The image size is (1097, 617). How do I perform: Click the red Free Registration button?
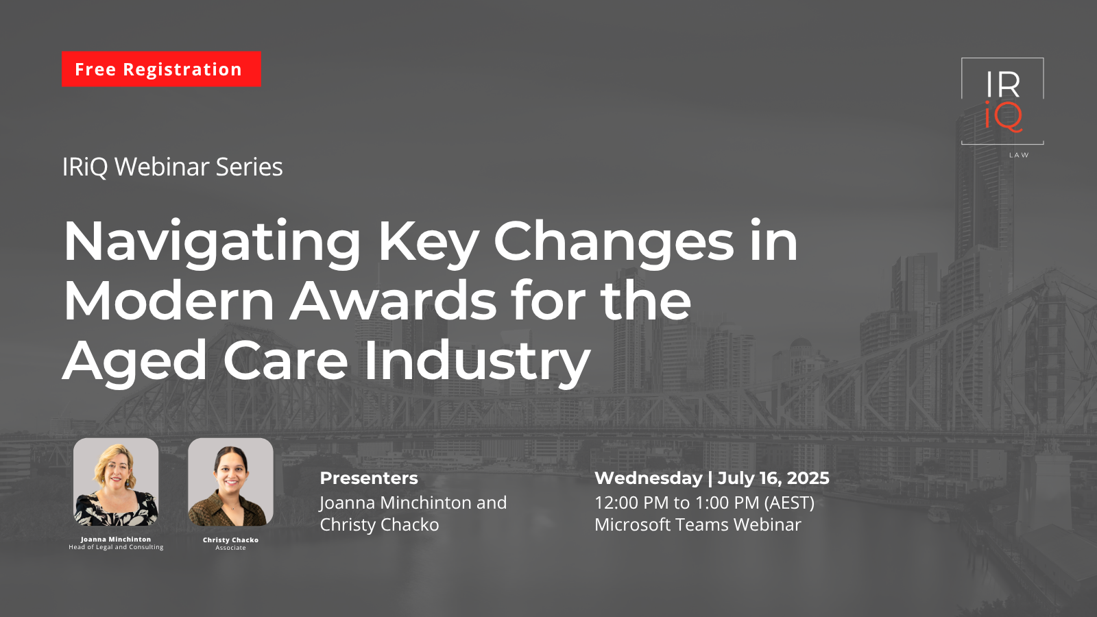tap(161, 69)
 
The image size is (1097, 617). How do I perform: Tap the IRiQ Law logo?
tap(1002, 103)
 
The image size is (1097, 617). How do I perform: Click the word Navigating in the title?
tap(212, 243)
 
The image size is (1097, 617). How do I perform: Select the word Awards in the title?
tap(394, 302)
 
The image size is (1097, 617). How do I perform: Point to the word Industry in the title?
tap(477, 362)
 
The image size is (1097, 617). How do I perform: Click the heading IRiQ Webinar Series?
tap(172, 167)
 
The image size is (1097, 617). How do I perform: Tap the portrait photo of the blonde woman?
tap(116, 482)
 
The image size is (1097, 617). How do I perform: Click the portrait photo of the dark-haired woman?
tap(230, 482)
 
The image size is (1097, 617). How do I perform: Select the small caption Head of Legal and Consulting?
tap(116, 547)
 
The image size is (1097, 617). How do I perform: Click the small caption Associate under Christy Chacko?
tap(230, 548)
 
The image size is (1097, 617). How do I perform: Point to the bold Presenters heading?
tap(369, 478)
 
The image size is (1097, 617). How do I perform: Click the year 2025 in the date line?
tap(808, 478)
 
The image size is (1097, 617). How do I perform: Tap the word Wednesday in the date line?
tap(648, 478)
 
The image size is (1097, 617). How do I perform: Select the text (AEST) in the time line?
tap(789, 503)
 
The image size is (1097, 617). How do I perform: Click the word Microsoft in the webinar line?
tap(632, 524)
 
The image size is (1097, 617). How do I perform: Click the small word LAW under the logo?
tap(1019, 155)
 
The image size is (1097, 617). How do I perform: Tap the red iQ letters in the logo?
tap(1003, 117)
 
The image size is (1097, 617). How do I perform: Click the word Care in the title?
tap(285, 361)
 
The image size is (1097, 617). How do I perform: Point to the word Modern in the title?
tap(169, 302)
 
